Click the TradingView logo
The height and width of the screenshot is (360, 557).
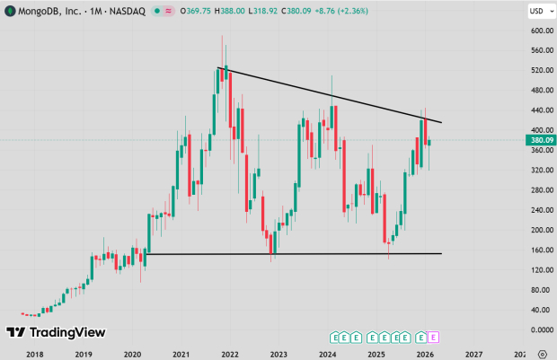(x=56, y=333)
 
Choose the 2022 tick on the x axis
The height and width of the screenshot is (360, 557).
(x=230, y=354)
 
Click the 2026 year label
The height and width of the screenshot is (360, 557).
(x=426, y=354)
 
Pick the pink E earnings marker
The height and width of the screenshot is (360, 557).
(x=434, y=338)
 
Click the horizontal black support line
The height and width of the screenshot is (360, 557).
(x=296, y=253)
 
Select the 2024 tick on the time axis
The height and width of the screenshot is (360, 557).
(x=328, y=354)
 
